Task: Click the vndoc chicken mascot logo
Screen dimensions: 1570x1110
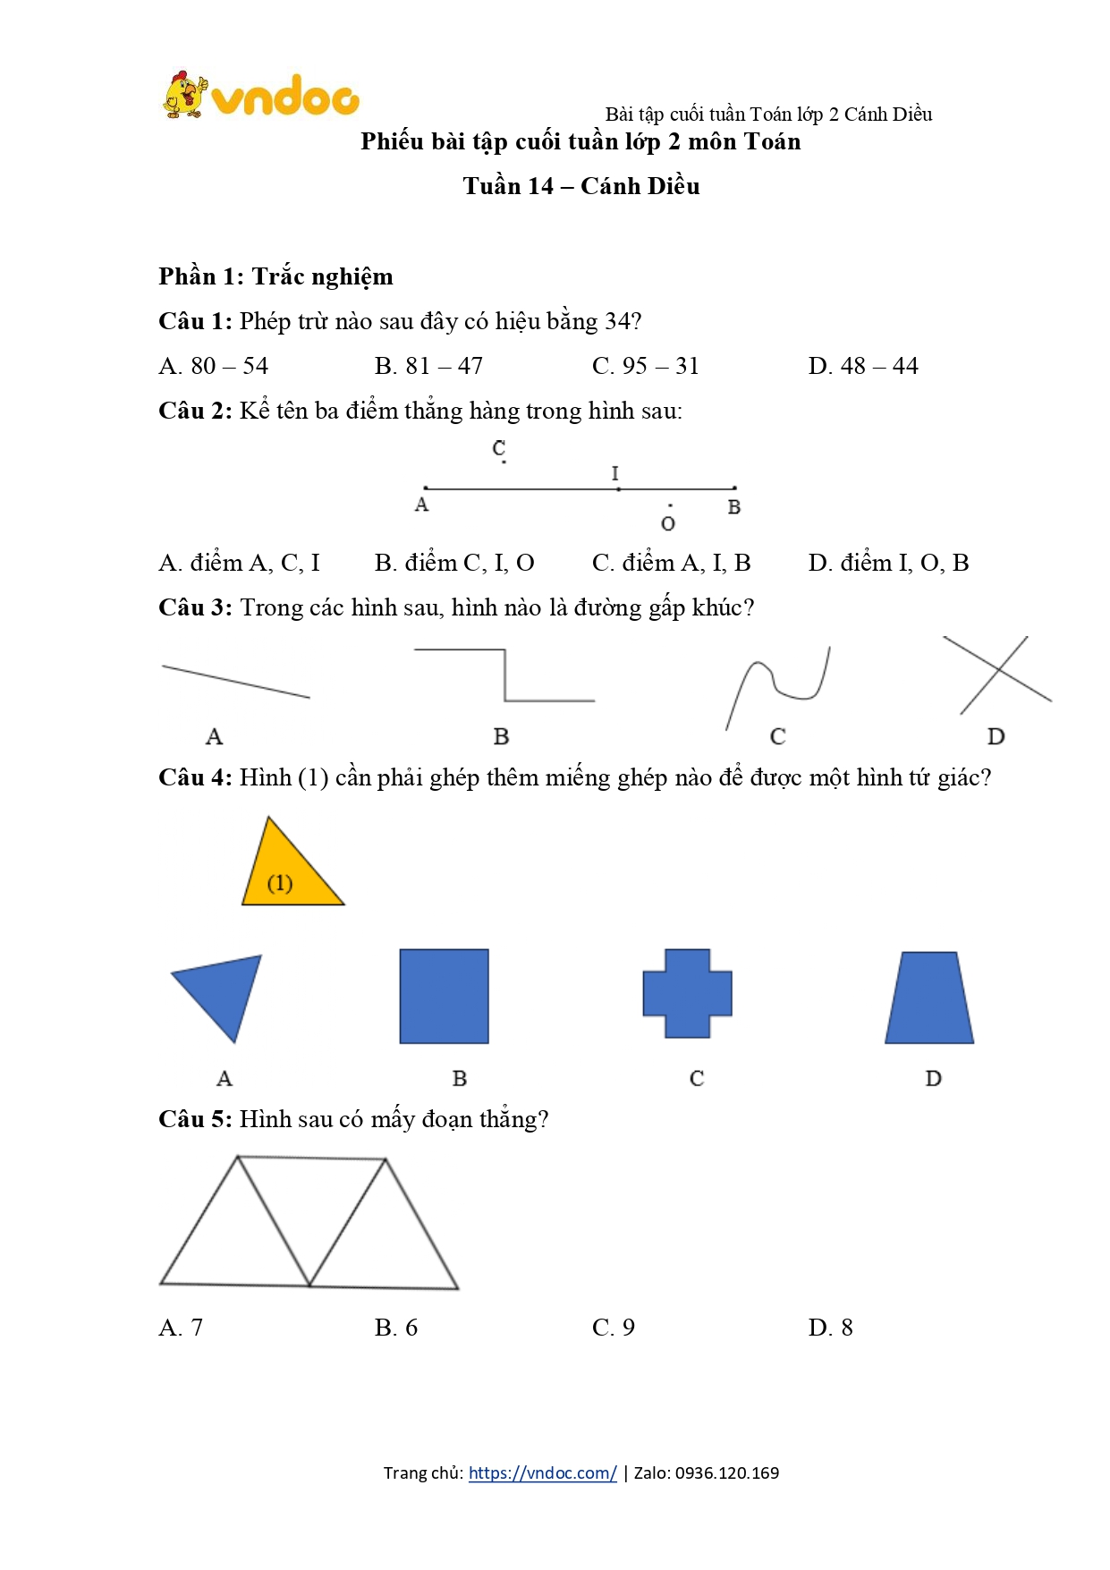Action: tap(185, 95)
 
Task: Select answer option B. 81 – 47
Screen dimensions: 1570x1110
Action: tap(428, 366)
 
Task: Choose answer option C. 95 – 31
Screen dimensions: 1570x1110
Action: tap(645, 366)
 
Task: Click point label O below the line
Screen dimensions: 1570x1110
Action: tap(668, 523)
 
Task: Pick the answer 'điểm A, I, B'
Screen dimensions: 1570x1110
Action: tap(671, 563)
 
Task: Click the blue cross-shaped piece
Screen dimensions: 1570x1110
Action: tap(687, 994)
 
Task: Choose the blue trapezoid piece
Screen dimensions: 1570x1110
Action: tap(929, 998)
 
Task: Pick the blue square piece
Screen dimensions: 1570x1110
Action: tap(444, 996)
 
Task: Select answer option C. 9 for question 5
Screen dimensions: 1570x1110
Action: tap(614, 1328)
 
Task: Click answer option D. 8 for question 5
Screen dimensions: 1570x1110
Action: tap(830, 1328)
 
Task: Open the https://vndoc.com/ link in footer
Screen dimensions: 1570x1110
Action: tap(542, 1473)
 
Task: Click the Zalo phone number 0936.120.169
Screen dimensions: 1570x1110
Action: tap(726, 1473)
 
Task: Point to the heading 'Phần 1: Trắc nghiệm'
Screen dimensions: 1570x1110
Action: tap(275, 276)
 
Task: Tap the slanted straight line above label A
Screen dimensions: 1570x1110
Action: tap(235, 682)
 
